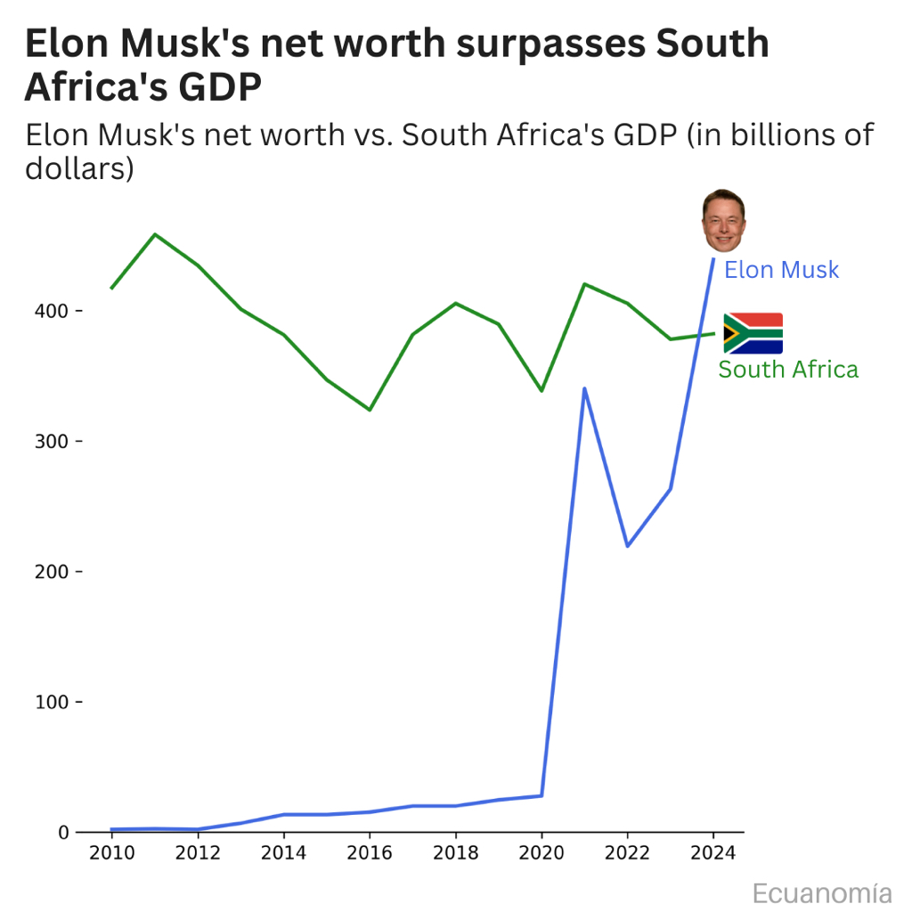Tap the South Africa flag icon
pos(753,334)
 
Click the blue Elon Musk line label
pos(781,270)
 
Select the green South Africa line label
pos(788,370)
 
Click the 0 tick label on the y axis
pos(64,832)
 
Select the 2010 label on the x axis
pos(112,853)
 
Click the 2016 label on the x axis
pos(370,853)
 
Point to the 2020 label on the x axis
pos(541,853)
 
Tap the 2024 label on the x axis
pos(713,853)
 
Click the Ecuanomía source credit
pos(821,892)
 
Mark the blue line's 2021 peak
pos(584,388)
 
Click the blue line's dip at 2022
pos(627,546)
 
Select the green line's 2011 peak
pos(155,234)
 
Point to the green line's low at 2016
pos(370,410)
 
